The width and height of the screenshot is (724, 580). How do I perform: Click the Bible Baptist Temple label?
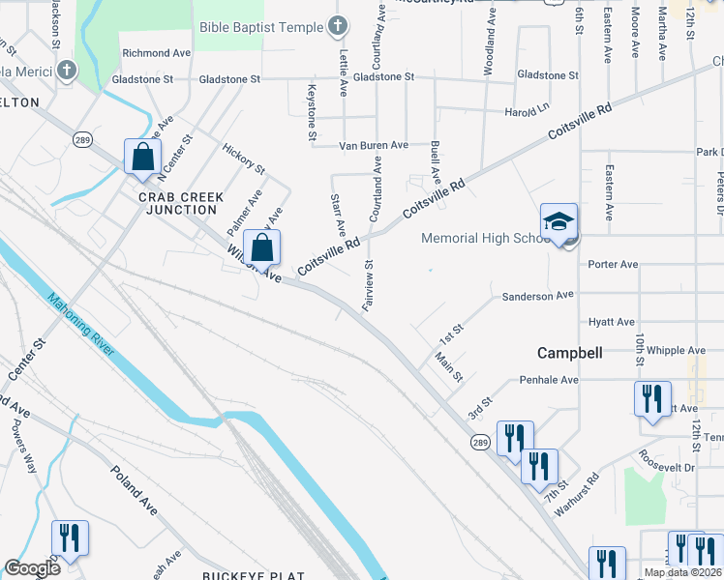(x=260, y=27)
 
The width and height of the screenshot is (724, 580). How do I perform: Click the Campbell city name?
(x=572, y=353)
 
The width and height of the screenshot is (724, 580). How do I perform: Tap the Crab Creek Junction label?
(x=181, y=203)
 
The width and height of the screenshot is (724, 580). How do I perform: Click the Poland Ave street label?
(x=133, y=491)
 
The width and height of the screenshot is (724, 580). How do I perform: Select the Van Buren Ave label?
(x=374, y=145)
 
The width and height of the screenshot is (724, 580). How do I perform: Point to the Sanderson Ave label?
(x=537, y=295)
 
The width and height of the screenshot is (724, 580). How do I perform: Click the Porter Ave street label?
(x=613, y=264)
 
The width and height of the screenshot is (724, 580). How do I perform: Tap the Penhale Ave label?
(x=549, y=380)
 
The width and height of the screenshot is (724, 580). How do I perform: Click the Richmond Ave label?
(x=156, y=53)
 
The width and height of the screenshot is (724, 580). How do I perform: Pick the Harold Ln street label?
(x=527, y=112)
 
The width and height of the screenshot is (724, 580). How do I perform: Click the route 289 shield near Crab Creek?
(x=80, y=139)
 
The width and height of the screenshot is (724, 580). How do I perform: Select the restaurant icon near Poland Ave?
(x=70, y=538)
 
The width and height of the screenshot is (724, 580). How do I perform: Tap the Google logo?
(x=32, y=568)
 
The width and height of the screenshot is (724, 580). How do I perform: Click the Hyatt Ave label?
(x=612, y=322)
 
